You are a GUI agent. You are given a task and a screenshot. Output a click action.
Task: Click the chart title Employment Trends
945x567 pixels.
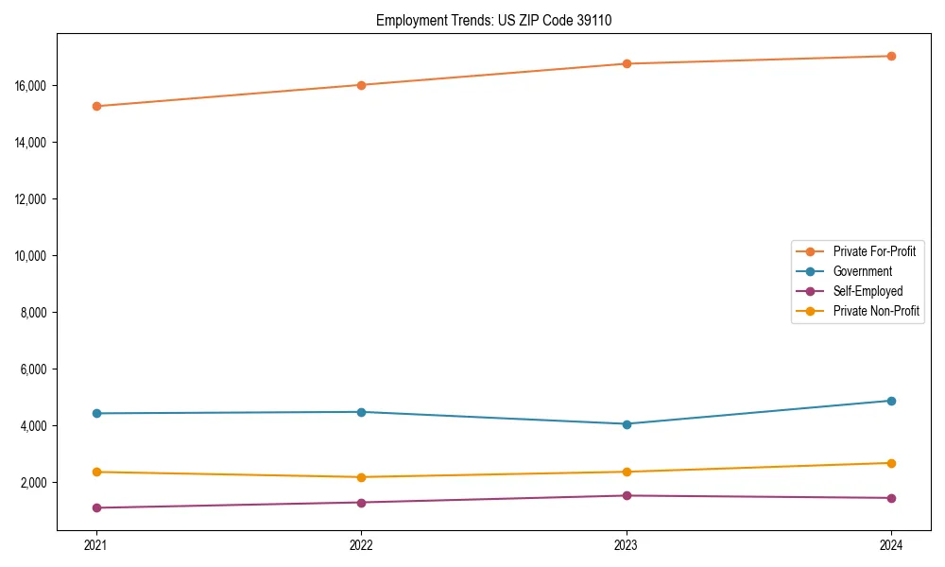click(493, 21)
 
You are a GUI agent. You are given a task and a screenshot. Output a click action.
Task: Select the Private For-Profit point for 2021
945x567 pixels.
click(96, 106)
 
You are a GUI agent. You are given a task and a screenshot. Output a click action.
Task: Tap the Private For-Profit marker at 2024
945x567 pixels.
click(891, 56)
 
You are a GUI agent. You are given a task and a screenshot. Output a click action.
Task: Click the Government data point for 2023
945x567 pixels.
click(627, 423)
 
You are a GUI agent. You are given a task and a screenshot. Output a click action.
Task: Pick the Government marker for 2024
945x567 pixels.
click(891, 401)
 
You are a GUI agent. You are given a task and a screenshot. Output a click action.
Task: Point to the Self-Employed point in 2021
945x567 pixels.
click(96, 507)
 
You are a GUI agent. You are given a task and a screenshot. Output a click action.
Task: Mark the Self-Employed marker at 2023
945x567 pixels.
click(627, 495)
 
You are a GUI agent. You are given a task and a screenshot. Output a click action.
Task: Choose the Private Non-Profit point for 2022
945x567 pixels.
click(361, 477)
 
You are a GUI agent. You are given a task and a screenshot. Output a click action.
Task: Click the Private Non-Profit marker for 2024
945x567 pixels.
click(891, 463)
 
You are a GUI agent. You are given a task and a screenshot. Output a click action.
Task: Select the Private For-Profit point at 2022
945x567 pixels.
click(361, 85)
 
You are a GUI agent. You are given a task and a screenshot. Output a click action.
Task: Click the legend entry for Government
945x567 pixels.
click(862, 271)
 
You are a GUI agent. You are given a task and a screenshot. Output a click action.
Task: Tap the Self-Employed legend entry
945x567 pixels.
click(868, 291)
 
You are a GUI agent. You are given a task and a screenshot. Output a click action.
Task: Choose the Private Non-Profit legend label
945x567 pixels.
click(876, 311)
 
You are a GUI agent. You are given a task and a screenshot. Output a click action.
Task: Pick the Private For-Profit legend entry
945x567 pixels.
click(874, 251)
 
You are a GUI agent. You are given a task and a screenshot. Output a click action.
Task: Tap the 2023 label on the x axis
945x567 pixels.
click(627, 544)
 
